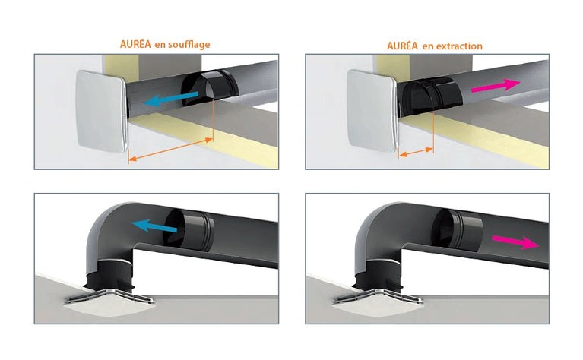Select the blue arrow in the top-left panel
174,96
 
